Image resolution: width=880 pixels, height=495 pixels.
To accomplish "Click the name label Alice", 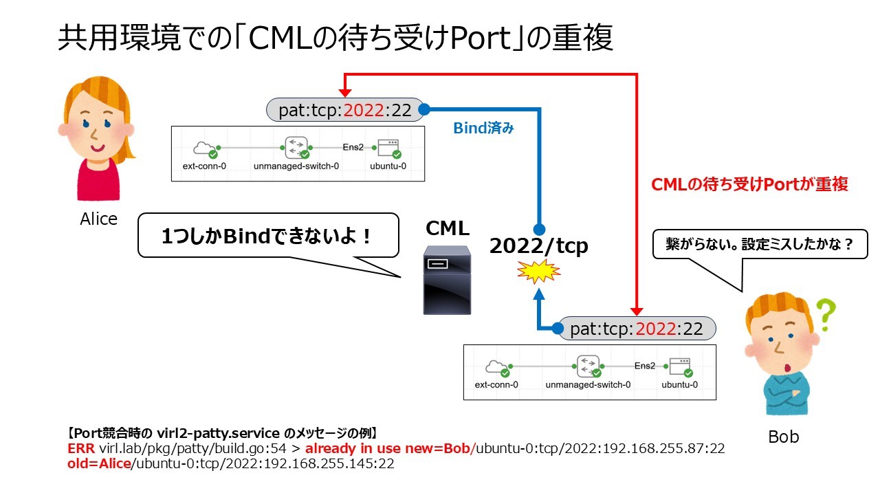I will tap(98, 219).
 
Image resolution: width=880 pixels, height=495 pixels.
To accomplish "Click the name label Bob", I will tap(783, 437).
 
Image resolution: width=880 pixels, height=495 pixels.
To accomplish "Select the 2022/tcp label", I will tap(538, 246).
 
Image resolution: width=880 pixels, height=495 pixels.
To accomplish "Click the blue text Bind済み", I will tap(483, 129).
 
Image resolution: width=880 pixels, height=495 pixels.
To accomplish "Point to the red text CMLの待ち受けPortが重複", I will tap(749, 184).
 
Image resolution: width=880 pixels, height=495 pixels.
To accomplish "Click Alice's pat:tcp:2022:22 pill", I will tap(345, 110).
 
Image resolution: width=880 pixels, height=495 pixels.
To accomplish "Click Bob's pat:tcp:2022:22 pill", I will tap(637, 329).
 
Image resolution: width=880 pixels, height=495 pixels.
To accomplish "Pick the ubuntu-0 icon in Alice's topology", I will tap(388, 148).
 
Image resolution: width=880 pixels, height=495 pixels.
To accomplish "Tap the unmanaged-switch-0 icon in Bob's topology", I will tap(588, 366).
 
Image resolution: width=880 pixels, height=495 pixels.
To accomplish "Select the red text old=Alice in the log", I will tap(98, 464).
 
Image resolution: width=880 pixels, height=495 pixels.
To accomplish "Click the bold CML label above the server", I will tap(448, 228).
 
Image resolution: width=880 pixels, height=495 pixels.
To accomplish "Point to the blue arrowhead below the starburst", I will tap(540, 294).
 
